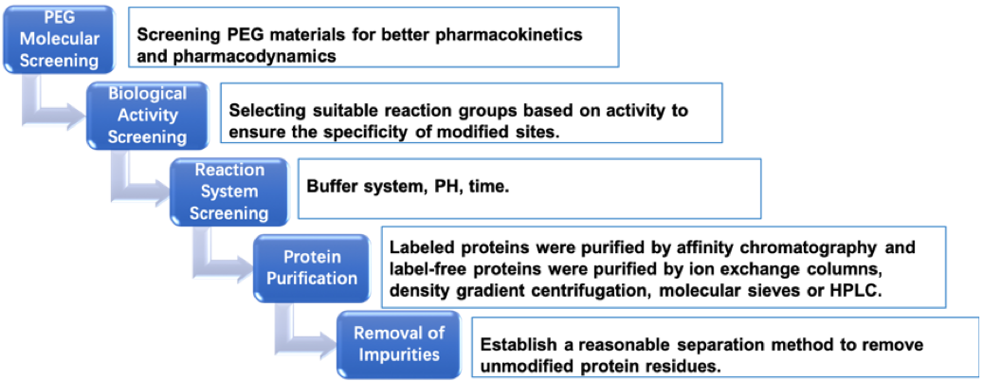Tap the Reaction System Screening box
tap(229, 191)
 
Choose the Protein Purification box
tap(312, 267)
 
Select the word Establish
tap(514, 345)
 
